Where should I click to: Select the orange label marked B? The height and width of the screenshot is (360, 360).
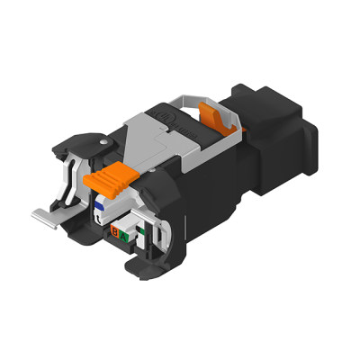[116, 236]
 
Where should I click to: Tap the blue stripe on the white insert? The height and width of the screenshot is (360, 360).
[102, 203]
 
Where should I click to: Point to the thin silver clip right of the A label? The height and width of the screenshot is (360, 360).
[144, 232]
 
